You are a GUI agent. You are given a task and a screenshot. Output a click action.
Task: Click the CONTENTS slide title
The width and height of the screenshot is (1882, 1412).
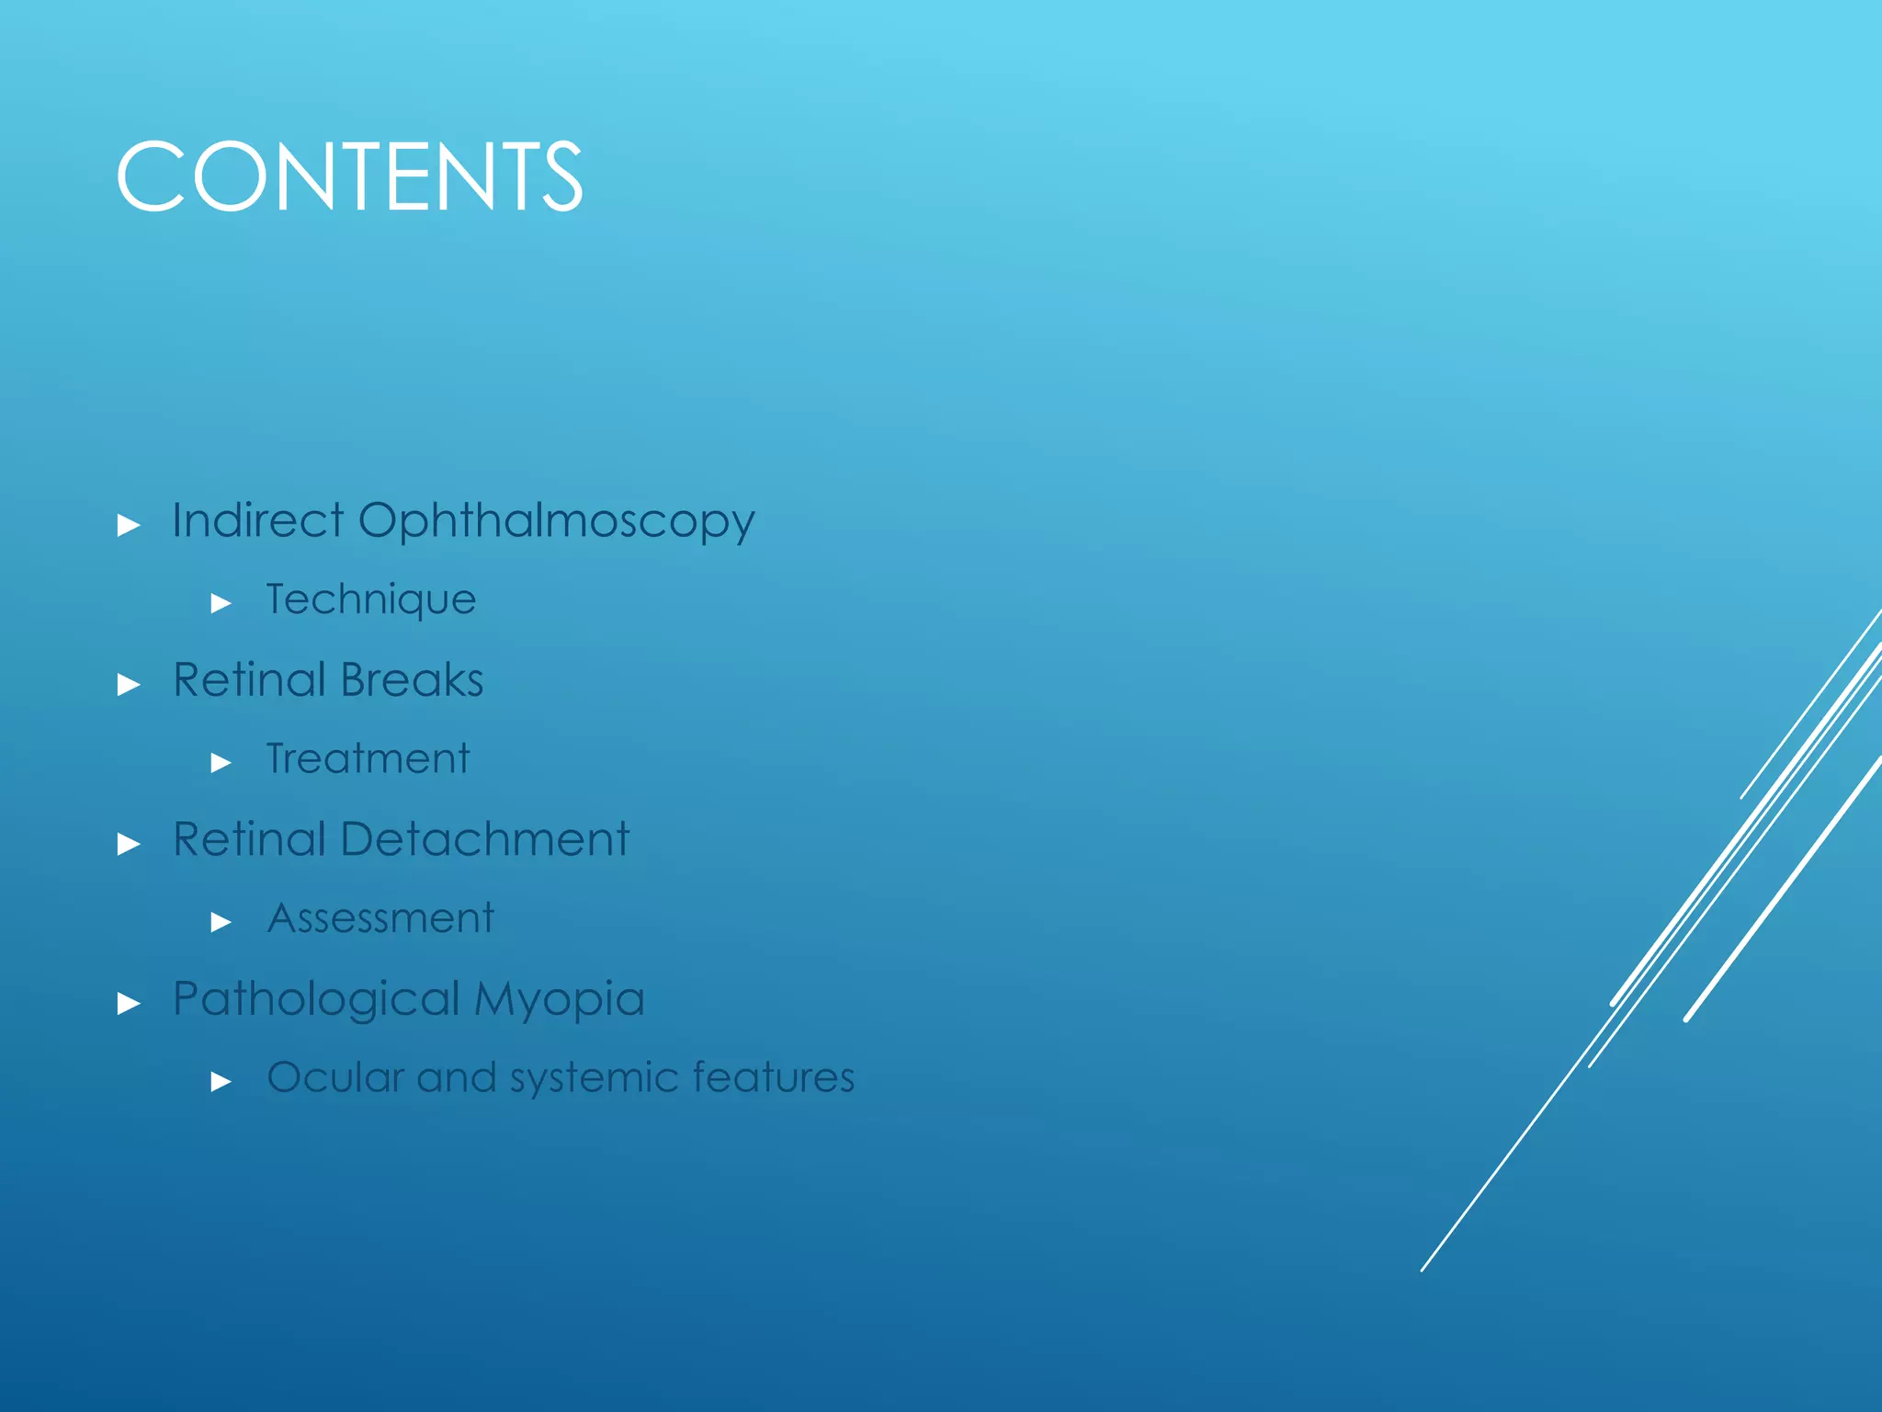click(x=349, y=176)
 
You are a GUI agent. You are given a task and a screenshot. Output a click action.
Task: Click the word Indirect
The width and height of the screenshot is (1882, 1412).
click(x=257, y=520)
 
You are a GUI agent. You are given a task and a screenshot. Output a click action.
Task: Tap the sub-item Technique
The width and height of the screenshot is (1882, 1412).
click(x=371, y=600)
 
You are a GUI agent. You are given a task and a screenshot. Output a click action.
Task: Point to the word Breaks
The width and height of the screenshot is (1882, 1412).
click(x=412, y=680)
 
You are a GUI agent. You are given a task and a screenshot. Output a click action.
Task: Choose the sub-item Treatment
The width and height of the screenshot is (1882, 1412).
click(x=368, y=759)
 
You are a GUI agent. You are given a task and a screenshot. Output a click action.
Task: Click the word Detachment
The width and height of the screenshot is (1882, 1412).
click(x=484, y=839)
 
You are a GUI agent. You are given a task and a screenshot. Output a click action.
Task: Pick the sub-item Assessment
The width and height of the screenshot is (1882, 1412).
click(x=380, y=918)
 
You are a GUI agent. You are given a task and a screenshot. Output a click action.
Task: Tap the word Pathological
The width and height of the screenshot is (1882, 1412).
click(x=316, y=999)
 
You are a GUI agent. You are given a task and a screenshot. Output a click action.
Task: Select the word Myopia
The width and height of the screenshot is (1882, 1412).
click(x=560, y=999)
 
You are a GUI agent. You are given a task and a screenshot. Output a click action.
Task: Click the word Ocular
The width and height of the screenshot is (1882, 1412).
click(x=335, y=1077)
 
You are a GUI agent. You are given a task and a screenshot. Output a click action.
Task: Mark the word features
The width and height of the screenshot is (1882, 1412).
click(x=774, y=1077)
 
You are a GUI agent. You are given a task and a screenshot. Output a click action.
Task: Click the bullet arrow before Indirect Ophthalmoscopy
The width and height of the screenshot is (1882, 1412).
click(x=129, y=526)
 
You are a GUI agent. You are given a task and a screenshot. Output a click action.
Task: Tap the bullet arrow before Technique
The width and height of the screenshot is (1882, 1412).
click(x=221, y=604)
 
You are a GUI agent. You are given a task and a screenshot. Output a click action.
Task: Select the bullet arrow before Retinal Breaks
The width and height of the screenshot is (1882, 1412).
click(x=129, y=685)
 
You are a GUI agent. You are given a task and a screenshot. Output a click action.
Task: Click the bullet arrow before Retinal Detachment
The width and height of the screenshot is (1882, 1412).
click(x=129, y=844)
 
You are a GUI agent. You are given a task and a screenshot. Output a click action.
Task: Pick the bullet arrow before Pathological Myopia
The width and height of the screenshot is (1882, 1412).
click(x=129, y=1003)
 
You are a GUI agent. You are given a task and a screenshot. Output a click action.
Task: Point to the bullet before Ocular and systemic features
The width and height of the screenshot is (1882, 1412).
click(x=221, y=1082)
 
